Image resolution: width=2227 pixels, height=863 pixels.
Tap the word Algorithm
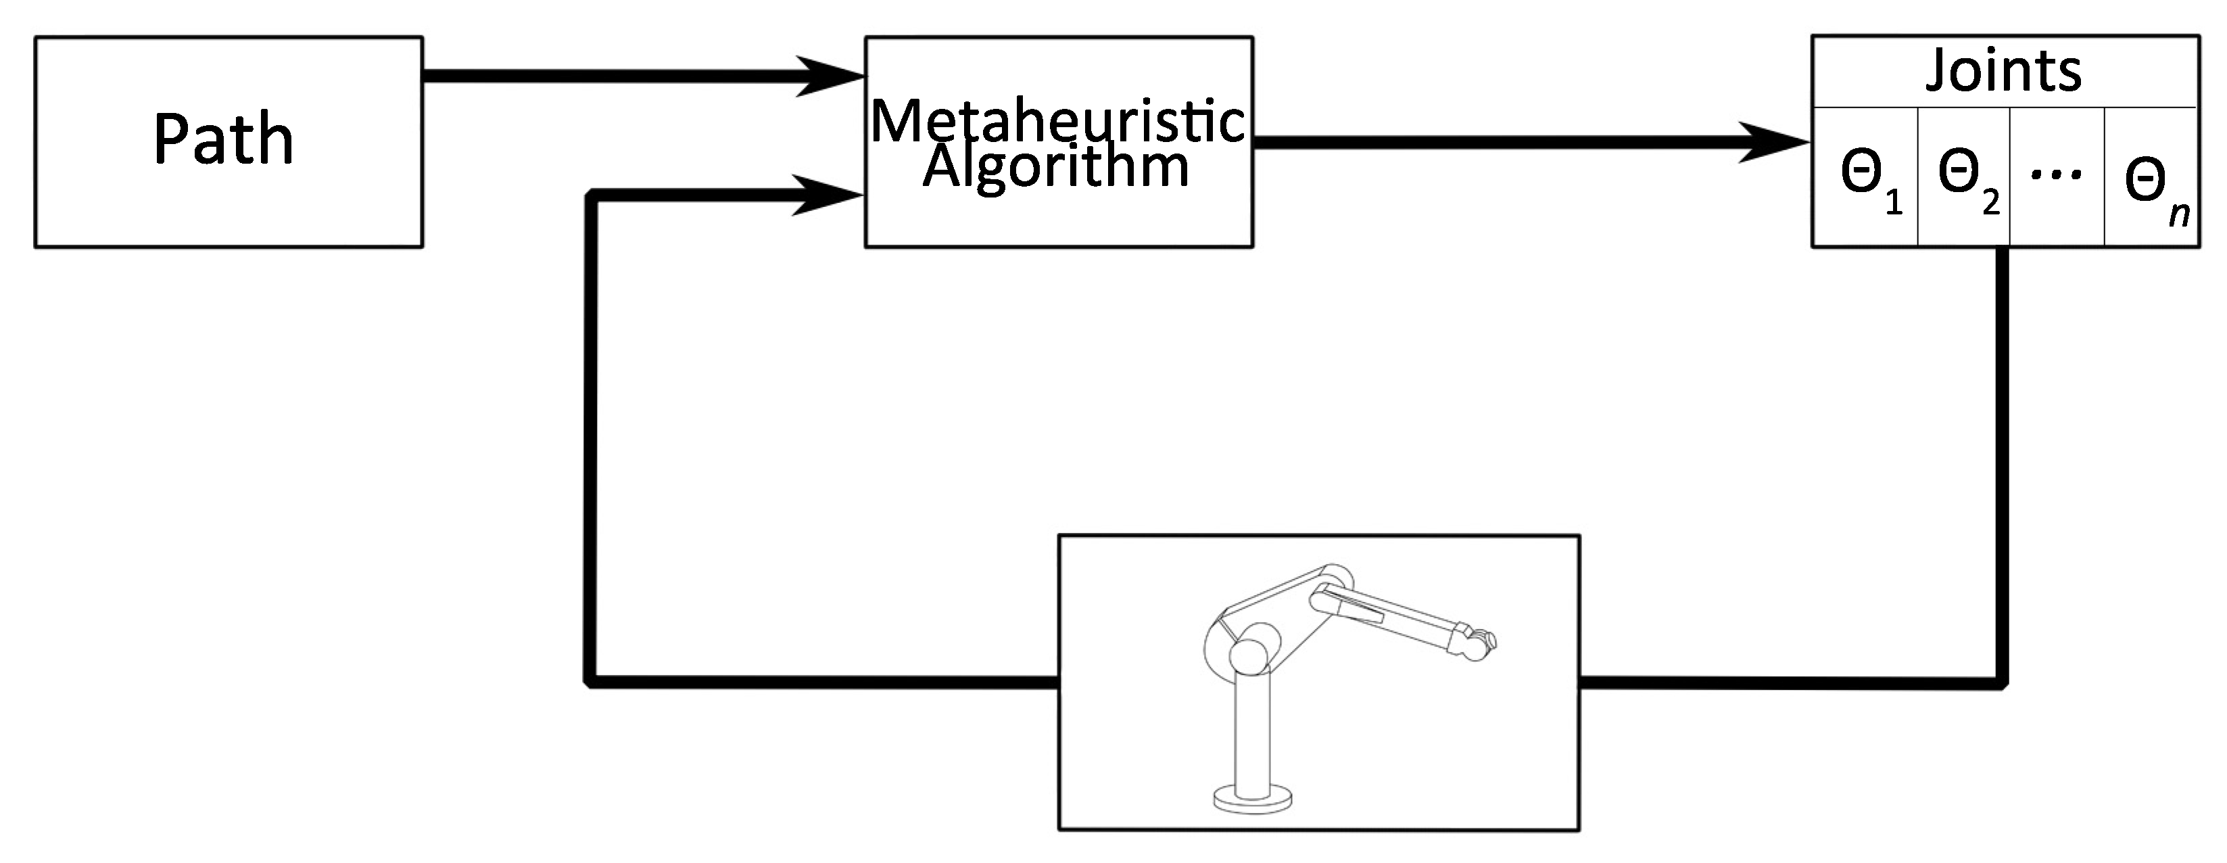click(x=1057, y=167)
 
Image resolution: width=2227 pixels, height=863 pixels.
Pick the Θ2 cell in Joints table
click(x=1964, y=177)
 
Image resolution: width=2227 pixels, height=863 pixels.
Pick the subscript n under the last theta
click(x=2180, y=214)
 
